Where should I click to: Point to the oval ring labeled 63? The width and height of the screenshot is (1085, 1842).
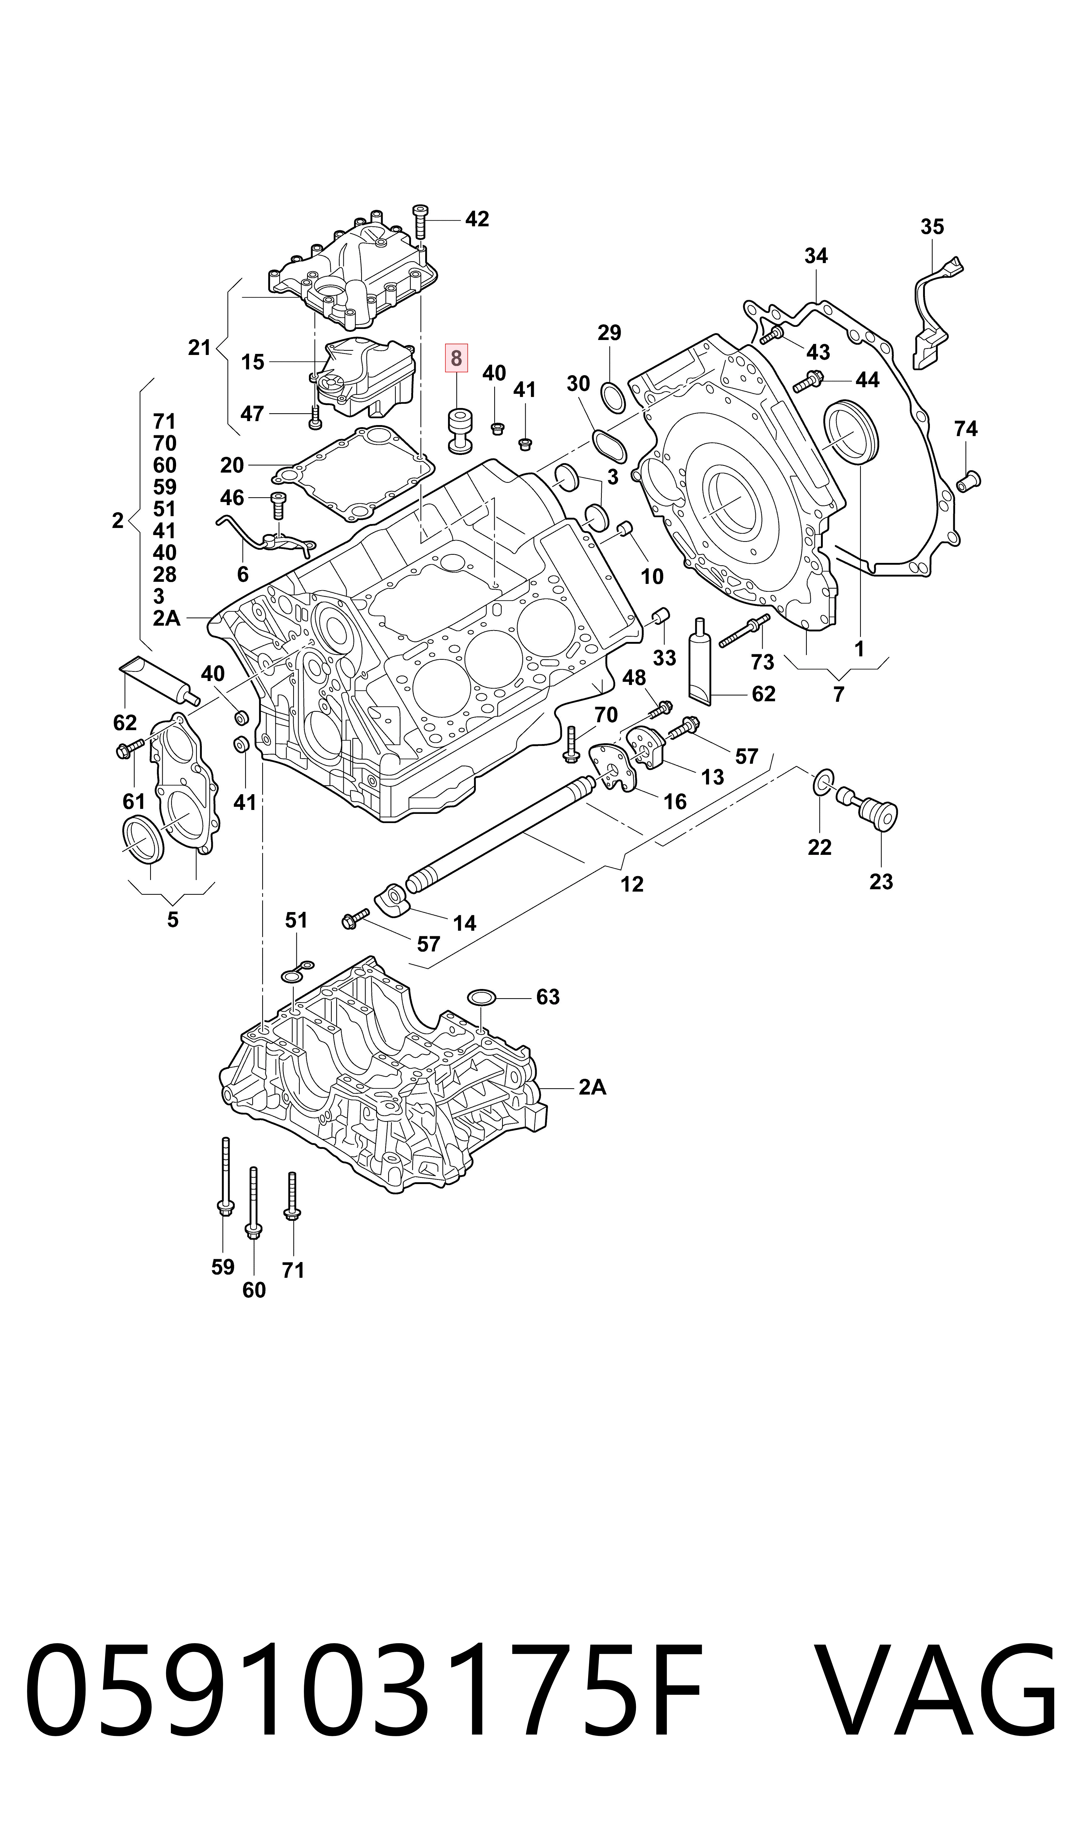[482, 997]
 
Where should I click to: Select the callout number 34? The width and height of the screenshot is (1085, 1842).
[816, 256]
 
